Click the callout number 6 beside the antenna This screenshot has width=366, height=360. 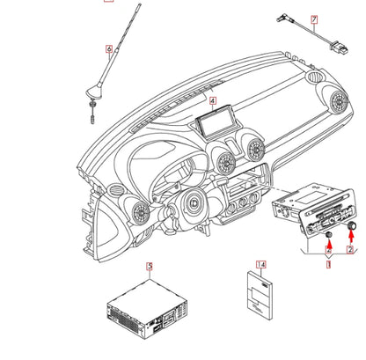point(109,48)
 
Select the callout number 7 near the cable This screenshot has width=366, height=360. point(314,19)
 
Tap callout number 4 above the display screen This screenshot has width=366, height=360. point(213,101)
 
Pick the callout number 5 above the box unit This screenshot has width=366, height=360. point(150,267)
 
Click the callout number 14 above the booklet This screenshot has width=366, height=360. point(261,265)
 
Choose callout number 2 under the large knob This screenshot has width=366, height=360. point(350,250)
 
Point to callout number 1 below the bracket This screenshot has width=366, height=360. point(328,264)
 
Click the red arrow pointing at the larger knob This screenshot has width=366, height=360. point(350,238)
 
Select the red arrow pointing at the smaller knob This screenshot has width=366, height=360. point(329,246)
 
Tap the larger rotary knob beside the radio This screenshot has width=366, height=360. point(351,226)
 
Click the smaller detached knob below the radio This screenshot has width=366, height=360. point(329,235)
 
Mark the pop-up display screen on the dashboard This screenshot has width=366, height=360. point(218,121)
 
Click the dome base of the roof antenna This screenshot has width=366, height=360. point(94,92)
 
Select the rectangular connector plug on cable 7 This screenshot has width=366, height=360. point(340,48)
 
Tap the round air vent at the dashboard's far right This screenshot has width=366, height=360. point(339,101)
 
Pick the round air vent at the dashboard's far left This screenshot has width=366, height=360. point(141,213)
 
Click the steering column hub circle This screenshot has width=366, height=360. point(194,202)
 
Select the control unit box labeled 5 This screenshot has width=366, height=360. point(147,309)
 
